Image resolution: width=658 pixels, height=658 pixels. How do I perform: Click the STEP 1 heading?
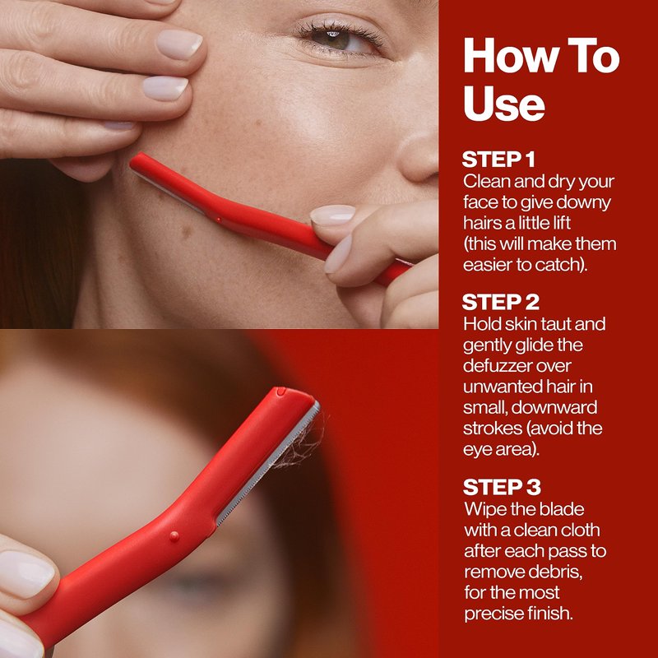coord(498,159)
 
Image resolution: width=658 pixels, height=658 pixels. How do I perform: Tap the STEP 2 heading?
coord(501,302)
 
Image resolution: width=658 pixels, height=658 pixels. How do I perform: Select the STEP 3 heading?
coord(502,487)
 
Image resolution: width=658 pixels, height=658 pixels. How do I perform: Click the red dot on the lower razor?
coord(174,536)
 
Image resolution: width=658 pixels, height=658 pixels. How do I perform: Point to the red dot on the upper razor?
coord(218,220)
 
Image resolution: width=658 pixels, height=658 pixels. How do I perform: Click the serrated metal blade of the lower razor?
coord(268,464)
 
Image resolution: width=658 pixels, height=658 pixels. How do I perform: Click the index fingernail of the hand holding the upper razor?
coord(333,215)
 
